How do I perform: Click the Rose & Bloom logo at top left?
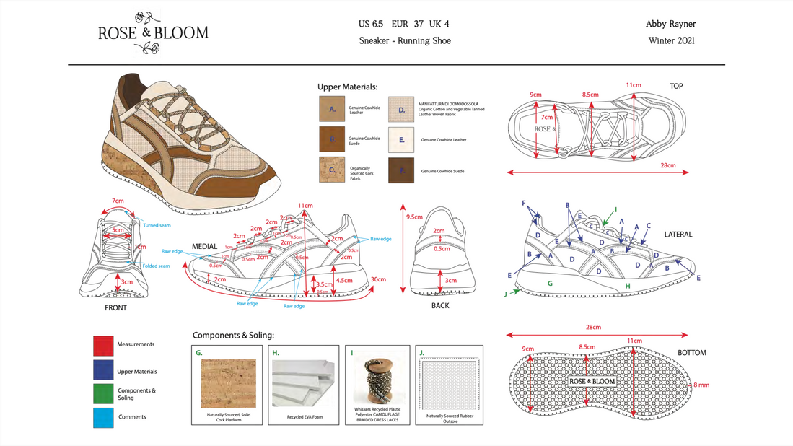coord(153,32)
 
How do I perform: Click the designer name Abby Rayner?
coord(670,24)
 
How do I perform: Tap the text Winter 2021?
coord(671,41)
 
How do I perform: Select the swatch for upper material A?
coord(332,109)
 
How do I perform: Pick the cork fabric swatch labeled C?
coord(332,170)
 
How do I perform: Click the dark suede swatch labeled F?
coord(401,170)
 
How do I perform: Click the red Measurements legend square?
coord(103,346)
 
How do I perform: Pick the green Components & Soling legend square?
coord(103,393)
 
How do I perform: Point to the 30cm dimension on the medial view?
coord(378,279)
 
